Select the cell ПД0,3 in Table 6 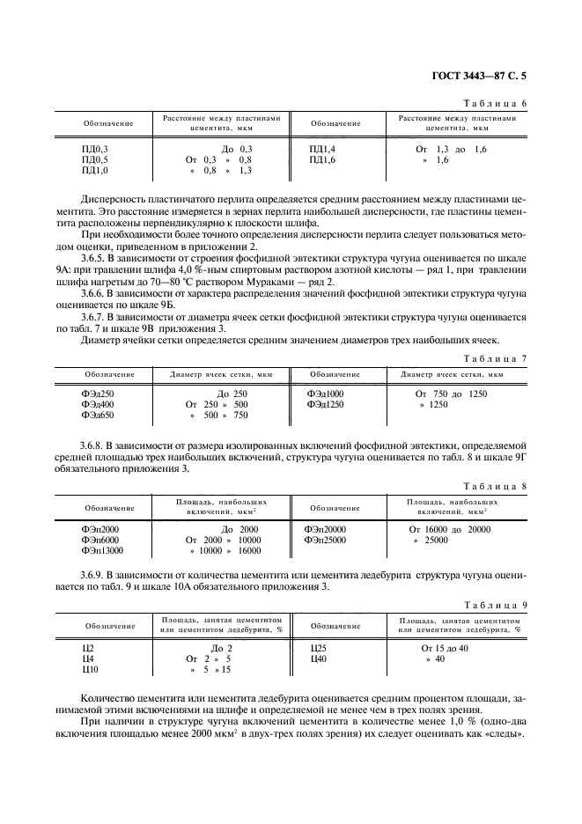tap(94, 150)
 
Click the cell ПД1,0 tap(94, 171)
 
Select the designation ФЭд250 tap(97, 394)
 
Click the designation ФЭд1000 tap(326, 394)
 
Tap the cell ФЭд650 tap(97, 415)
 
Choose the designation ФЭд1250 tap(326, 404)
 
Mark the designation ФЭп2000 tap(99, 529)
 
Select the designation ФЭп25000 tap(325, 540)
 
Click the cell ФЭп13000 tap(101, 550)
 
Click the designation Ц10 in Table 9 tap(88, 669)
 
